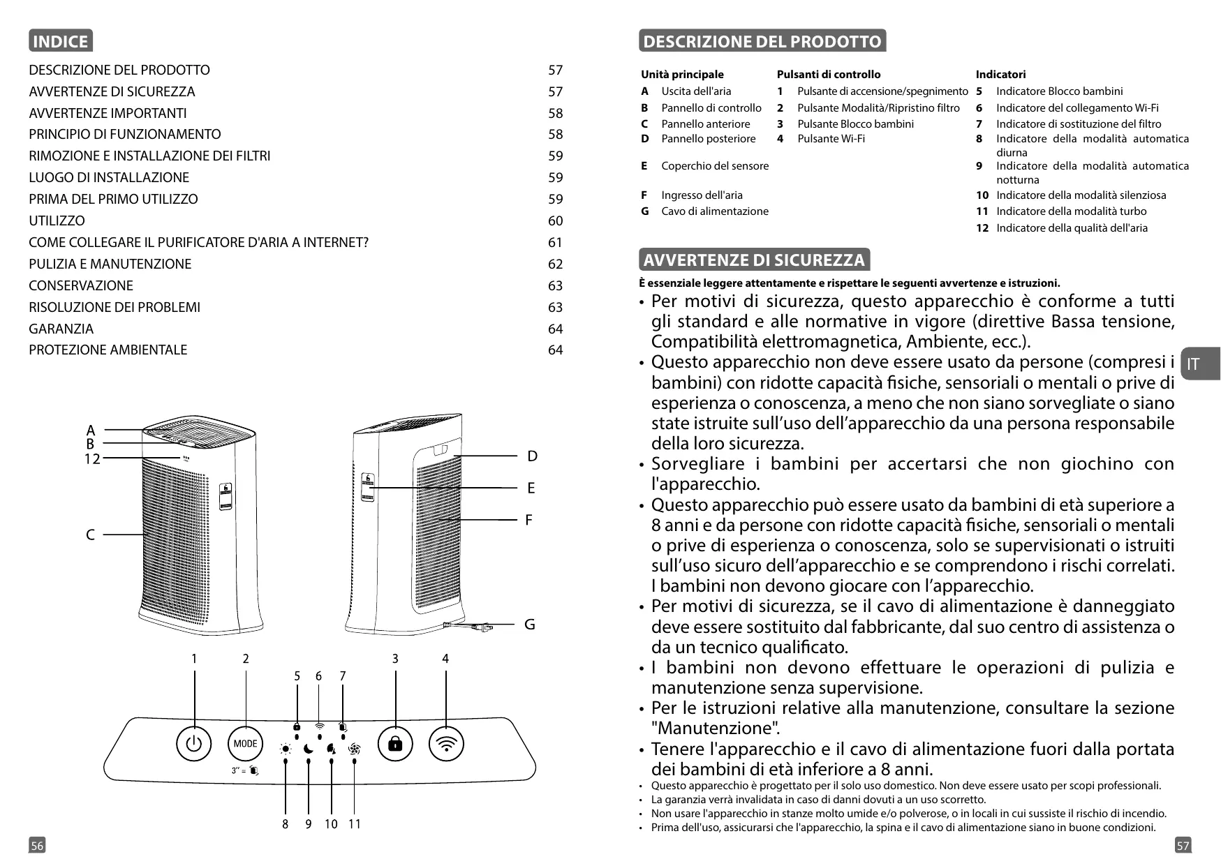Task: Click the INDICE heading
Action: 60,41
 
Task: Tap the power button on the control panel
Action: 194,744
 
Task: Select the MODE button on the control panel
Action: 245,744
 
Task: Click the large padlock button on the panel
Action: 395,744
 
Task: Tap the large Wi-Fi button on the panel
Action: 446,744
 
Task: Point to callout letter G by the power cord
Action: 530,625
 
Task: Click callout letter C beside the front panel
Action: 90,535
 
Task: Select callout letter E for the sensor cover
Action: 531,488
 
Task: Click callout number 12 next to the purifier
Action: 92,458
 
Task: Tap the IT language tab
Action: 1194,364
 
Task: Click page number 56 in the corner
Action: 37,846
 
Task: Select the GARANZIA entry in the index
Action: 61,329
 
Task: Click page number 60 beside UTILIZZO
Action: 555,221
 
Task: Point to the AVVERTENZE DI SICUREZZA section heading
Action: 754,260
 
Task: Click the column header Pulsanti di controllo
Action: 829,74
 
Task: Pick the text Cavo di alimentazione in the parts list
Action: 715,211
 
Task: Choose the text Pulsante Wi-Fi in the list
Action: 831,138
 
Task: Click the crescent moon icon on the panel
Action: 308,749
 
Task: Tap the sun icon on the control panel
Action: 285,749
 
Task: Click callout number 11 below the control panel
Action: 355,824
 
